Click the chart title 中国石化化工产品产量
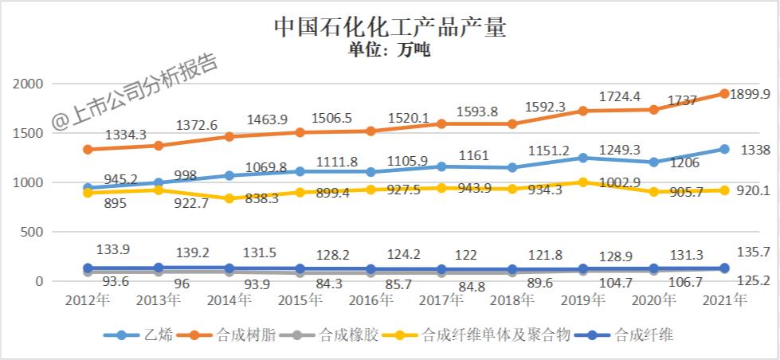(x=390, y=26)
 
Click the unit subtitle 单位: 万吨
(x=390, y=51)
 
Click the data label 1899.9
(x=750, y=94)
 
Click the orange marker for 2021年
(x=724, y=93)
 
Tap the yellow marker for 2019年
(x=583, y=182)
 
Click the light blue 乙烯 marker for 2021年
(x=724, y=149)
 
